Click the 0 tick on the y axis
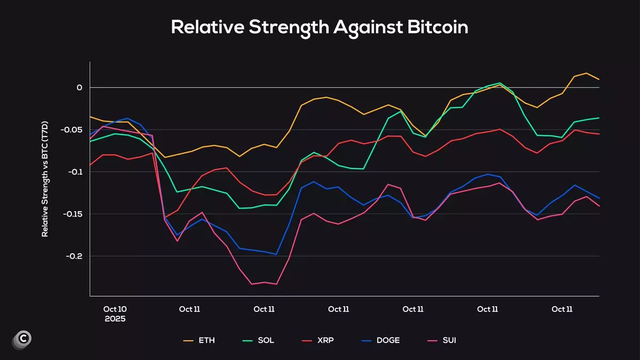coord(79,87)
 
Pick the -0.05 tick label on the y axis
coord(71,130)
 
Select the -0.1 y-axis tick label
coord(75,172)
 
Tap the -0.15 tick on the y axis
coord(71,214)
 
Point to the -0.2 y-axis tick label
coord(74,256)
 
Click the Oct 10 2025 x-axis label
coord(115,314)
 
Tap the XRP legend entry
coord(318,340)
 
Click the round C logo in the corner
coord(22,339)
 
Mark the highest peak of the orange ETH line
coord(587,73)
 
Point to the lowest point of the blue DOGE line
coord(276,254)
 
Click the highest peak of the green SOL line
coord(500,83)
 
